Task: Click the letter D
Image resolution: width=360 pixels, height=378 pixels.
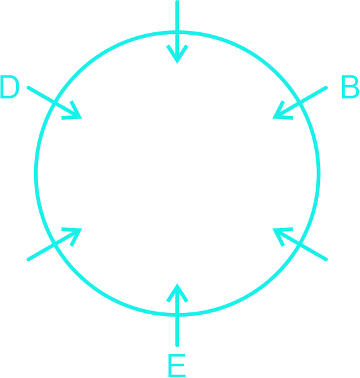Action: click(x=10, y=87)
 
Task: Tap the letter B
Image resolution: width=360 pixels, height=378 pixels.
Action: click(x=350, y=87)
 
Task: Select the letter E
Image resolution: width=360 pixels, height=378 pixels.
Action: click(x=177, y=365)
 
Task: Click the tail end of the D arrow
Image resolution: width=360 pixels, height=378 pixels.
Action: click(x=28, y=88)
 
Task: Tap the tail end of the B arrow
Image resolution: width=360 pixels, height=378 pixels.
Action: click(x=326, y=88)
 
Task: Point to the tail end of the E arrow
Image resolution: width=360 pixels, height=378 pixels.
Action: click(x=177, y=345)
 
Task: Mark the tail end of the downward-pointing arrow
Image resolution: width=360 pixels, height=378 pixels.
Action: click(x=177, y=2)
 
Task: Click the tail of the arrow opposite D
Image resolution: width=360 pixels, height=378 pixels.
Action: click(x=326, y=260)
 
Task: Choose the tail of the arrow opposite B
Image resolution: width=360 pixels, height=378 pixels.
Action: click(x=28, y=260)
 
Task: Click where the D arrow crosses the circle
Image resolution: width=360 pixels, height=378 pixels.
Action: click(x=54, y=102)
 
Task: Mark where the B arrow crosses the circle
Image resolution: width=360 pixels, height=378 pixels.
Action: click(x=300, y=102)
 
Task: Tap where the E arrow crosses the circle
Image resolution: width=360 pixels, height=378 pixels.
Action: click(x=177, y=315)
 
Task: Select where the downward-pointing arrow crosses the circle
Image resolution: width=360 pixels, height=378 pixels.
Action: click(x=177, y=32)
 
